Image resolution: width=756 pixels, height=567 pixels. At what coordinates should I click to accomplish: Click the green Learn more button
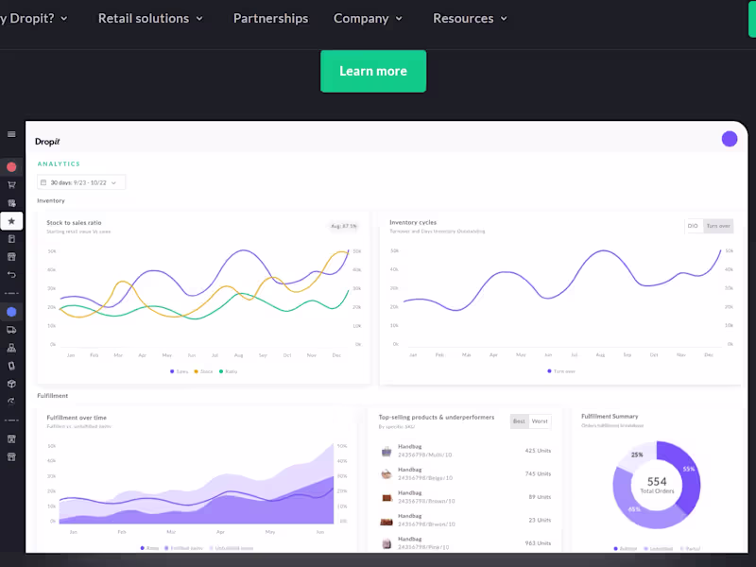373,71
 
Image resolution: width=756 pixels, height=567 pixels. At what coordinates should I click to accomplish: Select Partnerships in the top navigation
270,19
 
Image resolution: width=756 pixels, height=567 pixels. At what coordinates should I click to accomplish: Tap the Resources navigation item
470,19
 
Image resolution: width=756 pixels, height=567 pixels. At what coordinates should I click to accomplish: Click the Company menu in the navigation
368,19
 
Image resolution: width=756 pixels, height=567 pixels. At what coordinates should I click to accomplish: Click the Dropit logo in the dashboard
47,142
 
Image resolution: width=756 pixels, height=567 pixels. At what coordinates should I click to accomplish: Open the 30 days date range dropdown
81,182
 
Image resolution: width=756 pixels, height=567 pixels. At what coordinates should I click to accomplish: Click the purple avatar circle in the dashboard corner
730,139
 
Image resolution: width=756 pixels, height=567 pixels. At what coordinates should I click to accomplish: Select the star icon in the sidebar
11,220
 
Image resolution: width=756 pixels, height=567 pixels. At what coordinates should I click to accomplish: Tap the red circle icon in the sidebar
11,167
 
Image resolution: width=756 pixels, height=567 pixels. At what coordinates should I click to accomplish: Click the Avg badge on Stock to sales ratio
344,226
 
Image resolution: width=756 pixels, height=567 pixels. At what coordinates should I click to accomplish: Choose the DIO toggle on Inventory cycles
693,226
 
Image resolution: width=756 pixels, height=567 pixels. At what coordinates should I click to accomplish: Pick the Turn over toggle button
718,226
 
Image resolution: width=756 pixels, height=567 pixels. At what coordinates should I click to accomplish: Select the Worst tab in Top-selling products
540,421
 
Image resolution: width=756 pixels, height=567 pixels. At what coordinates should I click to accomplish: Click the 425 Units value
538,451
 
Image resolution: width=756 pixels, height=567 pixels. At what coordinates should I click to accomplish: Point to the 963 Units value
538,543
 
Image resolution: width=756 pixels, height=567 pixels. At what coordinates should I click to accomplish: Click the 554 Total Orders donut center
657,485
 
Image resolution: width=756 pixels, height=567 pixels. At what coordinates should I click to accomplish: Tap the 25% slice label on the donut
637,455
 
